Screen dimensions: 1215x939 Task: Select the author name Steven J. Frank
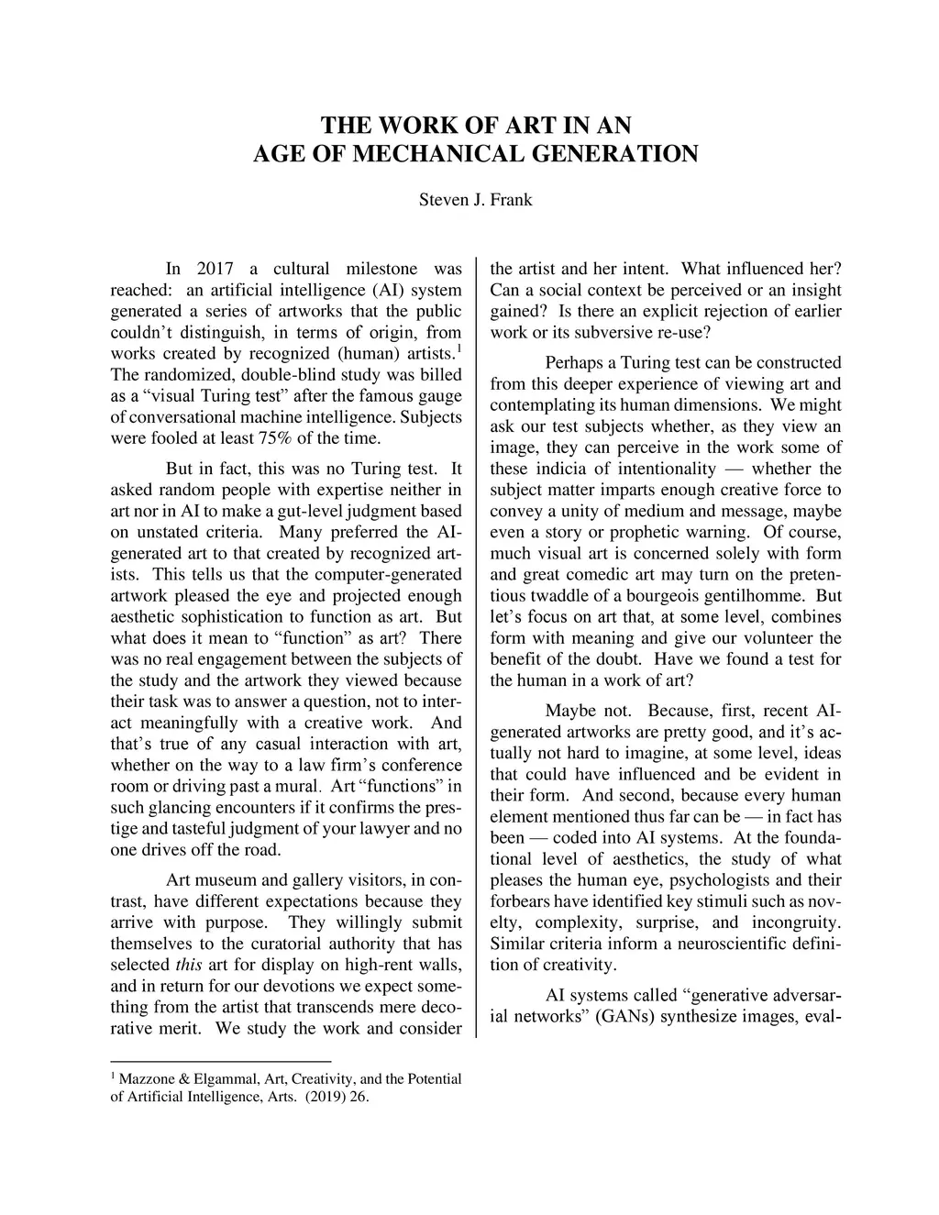click(x=475, y=199)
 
